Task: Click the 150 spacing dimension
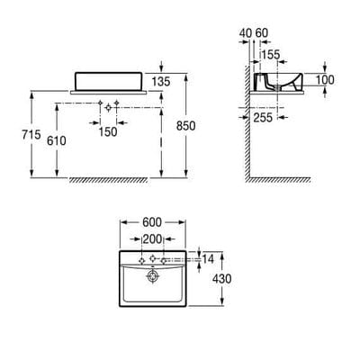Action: pyautogui.click(x=109, y=131)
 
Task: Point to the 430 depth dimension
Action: pyautogui.click(x=221, y=279)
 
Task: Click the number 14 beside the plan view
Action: pyautogui.click(x=209, y=258)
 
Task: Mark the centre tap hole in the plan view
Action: pyautogui.click(x=154, y=259)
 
